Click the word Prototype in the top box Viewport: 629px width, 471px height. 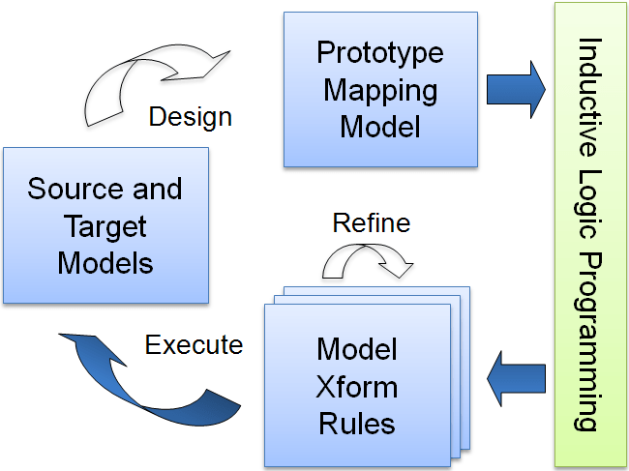[380, 52]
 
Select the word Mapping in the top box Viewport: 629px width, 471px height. [380, 90]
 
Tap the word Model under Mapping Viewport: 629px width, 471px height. [380, 126]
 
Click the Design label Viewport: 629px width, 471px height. [190, 117]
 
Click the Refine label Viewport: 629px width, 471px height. [371, 223]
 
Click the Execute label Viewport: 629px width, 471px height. [194, 344]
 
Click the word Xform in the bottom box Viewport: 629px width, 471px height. [357, 386]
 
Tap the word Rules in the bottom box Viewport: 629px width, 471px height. [357, 423]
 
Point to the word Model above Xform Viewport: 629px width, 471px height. [357, 349]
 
